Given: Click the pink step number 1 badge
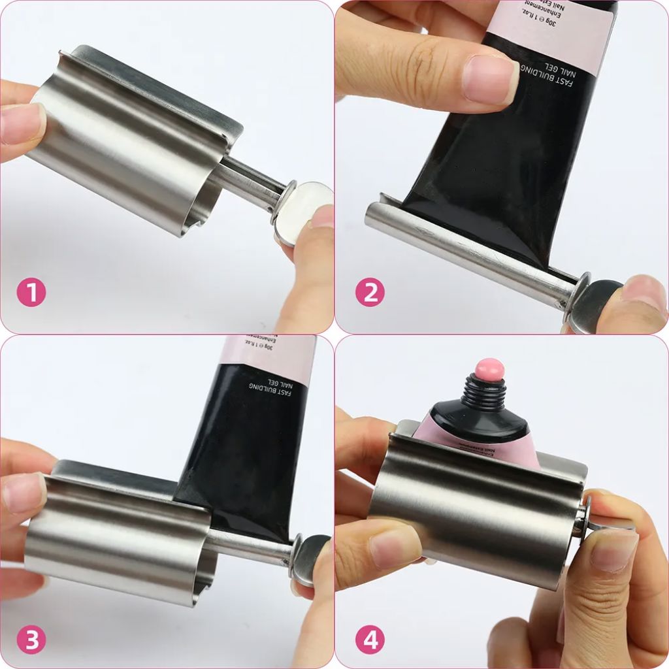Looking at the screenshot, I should point(31,293).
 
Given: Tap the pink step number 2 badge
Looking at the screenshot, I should point(370,293).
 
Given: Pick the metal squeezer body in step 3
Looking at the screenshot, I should point(118,536).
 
